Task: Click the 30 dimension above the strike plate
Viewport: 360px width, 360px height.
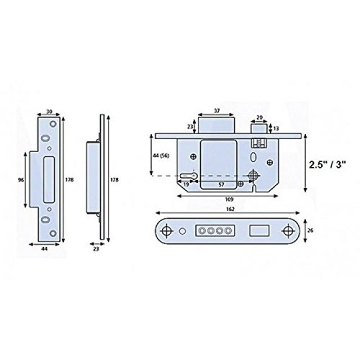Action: pos(49,111)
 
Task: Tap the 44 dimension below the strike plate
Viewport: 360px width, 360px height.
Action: pos(45,248)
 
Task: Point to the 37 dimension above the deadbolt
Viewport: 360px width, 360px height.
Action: pos(216,111)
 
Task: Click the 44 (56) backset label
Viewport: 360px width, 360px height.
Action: pos(161,156)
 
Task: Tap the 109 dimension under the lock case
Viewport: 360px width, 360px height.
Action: pos(228,199)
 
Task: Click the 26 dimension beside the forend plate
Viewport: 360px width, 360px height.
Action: pos(311,231)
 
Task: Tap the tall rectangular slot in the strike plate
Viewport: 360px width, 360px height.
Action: pos(47,180)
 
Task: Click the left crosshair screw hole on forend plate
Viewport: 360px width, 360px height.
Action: pos(166,231)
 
